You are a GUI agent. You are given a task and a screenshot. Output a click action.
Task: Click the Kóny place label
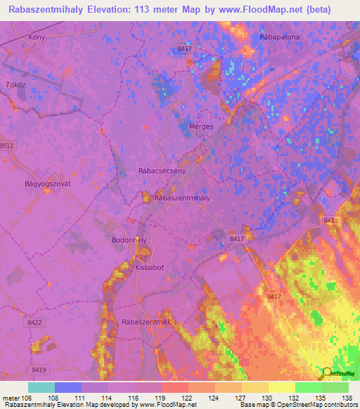36,37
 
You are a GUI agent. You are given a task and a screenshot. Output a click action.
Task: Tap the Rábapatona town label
279,37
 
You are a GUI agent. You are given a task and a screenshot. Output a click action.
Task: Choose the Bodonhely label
129,240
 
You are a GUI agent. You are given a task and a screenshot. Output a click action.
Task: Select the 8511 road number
6,145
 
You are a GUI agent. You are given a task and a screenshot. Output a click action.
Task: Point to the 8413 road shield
331,221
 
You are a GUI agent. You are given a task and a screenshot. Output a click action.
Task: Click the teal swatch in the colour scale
41,387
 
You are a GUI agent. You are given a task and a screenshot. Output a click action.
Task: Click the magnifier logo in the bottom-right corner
327,373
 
